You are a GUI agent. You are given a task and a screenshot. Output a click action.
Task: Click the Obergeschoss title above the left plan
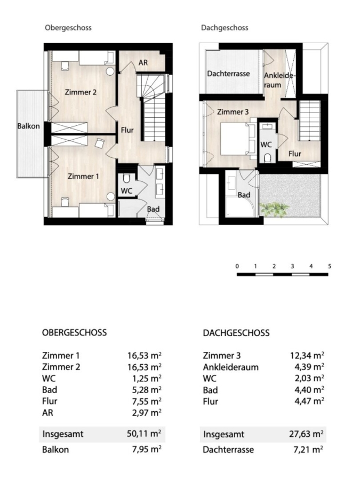point(68,28)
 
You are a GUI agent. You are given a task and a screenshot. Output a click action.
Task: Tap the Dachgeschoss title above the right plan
point(225,28)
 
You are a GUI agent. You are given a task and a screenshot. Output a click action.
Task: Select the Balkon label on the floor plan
point(28,126)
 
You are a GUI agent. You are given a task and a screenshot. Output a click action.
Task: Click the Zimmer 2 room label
point(81,92)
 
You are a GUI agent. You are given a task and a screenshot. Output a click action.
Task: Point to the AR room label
point(143,62)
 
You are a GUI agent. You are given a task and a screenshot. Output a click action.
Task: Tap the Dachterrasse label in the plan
point(228,74)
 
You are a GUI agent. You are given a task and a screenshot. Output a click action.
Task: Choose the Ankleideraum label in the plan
point(278,80)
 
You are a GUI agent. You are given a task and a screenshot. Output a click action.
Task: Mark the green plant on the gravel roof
point(275,210)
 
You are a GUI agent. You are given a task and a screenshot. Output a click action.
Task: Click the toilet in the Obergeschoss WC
point(127,179)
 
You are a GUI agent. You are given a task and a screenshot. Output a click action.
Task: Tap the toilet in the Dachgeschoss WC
point(267,158)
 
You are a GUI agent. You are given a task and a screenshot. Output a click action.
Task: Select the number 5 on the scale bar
point(330,266)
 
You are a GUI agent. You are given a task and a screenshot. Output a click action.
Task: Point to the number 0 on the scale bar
point(237,266)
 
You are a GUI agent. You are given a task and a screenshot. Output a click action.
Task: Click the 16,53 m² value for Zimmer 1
point(145,355)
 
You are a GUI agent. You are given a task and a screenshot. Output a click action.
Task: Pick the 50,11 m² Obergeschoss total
point(144,434)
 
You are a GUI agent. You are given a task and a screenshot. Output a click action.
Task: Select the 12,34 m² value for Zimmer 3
point(307,355)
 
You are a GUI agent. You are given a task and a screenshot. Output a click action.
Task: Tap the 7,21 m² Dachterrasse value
point(308,450)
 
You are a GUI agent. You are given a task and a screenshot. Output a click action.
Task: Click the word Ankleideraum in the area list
point(231,367)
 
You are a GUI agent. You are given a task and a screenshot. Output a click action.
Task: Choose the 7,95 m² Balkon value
point(147,449)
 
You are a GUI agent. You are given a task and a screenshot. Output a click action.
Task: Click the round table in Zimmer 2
point(110,71)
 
